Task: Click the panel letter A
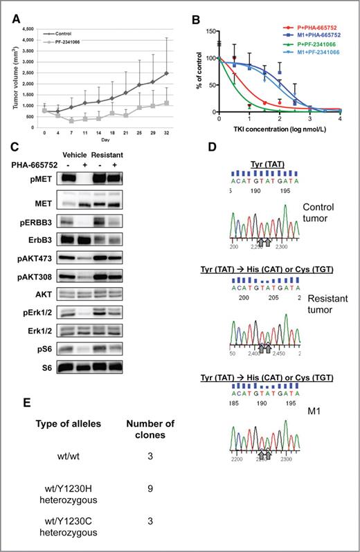(15, 19)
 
